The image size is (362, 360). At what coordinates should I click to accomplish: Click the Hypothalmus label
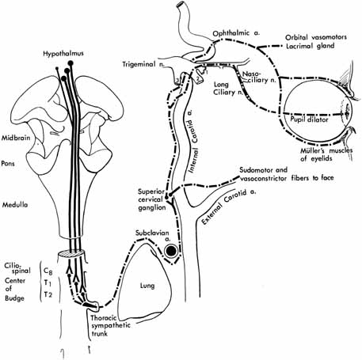click(x=63, y=54)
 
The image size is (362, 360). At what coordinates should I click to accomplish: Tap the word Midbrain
click(x=16, y=138)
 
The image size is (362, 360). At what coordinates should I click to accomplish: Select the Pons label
click(x=8, y=164)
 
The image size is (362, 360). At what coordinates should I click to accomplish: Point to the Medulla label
click(x=15, y=205)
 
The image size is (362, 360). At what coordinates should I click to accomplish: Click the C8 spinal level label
click(x=48, y=271)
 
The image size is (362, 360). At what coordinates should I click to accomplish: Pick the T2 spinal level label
click(x=48, y=294)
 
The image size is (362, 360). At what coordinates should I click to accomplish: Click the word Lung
click(x=147, y=286)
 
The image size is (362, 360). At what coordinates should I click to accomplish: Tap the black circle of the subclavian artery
click(x=171, y=252)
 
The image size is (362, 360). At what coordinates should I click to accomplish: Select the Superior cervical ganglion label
click(x=152, y=199)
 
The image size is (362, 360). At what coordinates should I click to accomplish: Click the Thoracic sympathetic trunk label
click(x=110, y=326)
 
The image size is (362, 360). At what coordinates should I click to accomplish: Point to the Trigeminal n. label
click(x=143, y=64)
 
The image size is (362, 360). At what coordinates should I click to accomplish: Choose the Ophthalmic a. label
click(x=236, y=33)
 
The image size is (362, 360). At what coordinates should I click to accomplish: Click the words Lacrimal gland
click(x=311, y=46)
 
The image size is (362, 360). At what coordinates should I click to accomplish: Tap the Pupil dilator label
click(x=309, y=119)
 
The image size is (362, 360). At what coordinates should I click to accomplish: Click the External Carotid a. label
click(x=229, y=207)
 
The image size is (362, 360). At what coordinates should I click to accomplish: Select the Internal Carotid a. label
click(x=193, y=141)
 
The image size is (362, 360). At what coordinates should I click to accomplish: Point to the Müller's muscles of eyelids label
click(x=326, y=155)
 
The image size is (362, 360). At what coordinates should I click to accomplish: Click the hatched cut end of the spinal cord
click(x=71, y=254)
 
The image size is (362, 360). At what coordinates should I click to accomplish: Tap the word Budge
click(x=14, y=298)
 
